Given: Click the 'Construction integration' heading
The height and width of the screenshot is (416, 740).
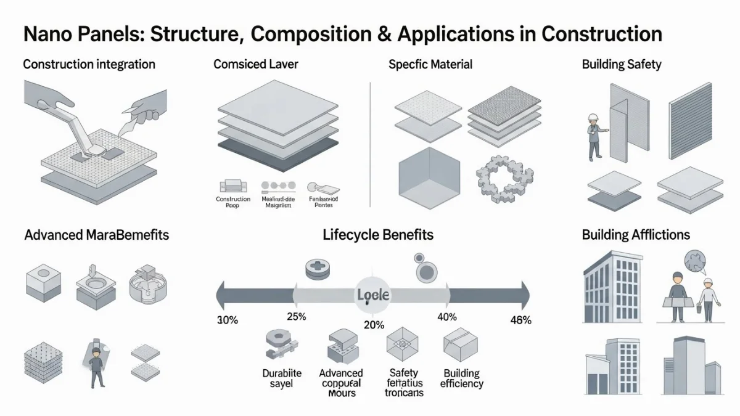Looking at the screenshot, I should click(x=89, y=64).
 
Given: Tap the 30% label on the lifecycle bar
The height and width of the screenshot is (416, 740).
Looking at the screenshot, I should click(x=228, y=320).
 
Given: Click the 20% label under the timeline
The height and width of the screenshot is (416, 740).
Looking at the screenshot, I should click(x=374, y=325).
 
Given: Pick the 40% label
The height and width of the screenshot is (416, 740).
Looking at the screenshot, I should click(x=446, y=317).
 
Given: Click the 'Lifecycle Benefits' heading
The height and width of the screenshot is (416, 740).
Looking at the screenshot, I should click(x=378, y=235).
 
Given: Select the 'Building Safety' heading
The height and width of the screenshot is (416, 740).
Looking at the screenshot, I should click(x=622, y=64).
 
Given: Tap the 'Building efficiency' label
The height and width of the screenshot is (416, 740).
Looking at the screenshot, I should click(x=462, y=378).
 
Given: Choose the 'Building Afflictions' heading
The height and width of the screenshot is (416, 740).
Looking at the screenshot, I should click(x=636, y=235).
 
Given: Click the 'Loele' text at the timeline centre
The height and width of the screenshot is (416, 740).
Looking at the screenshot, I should click(x=373, y=295).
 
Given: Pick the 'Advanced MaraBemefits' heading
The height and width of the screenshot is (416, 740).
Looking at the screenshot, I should click(x=96, y=235).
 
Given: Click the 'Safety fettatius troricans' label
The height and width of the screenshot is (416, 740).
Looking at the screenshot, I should click(x=404, y=382).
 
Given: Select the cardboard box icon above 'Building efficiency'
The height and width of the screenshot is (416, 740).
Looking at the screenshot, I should click(x=459, y=344).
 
